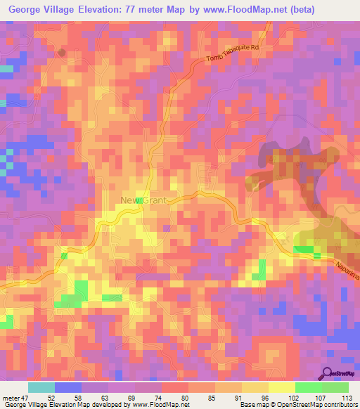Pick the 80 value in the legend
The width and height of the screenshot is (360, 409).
pos(184,397)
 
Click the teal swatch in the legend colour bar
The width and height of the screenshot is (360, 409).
pos(41,387)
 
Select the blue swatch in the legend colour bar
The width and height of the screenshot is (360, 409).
pos(68,387)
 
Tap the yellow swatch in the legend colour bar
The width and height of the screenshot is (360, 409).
pos(281,387)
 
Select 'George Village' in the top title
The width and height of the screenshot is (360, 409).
pos(41,9)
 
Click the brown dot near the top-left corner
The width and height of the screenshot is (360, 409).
pos(62,52)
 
